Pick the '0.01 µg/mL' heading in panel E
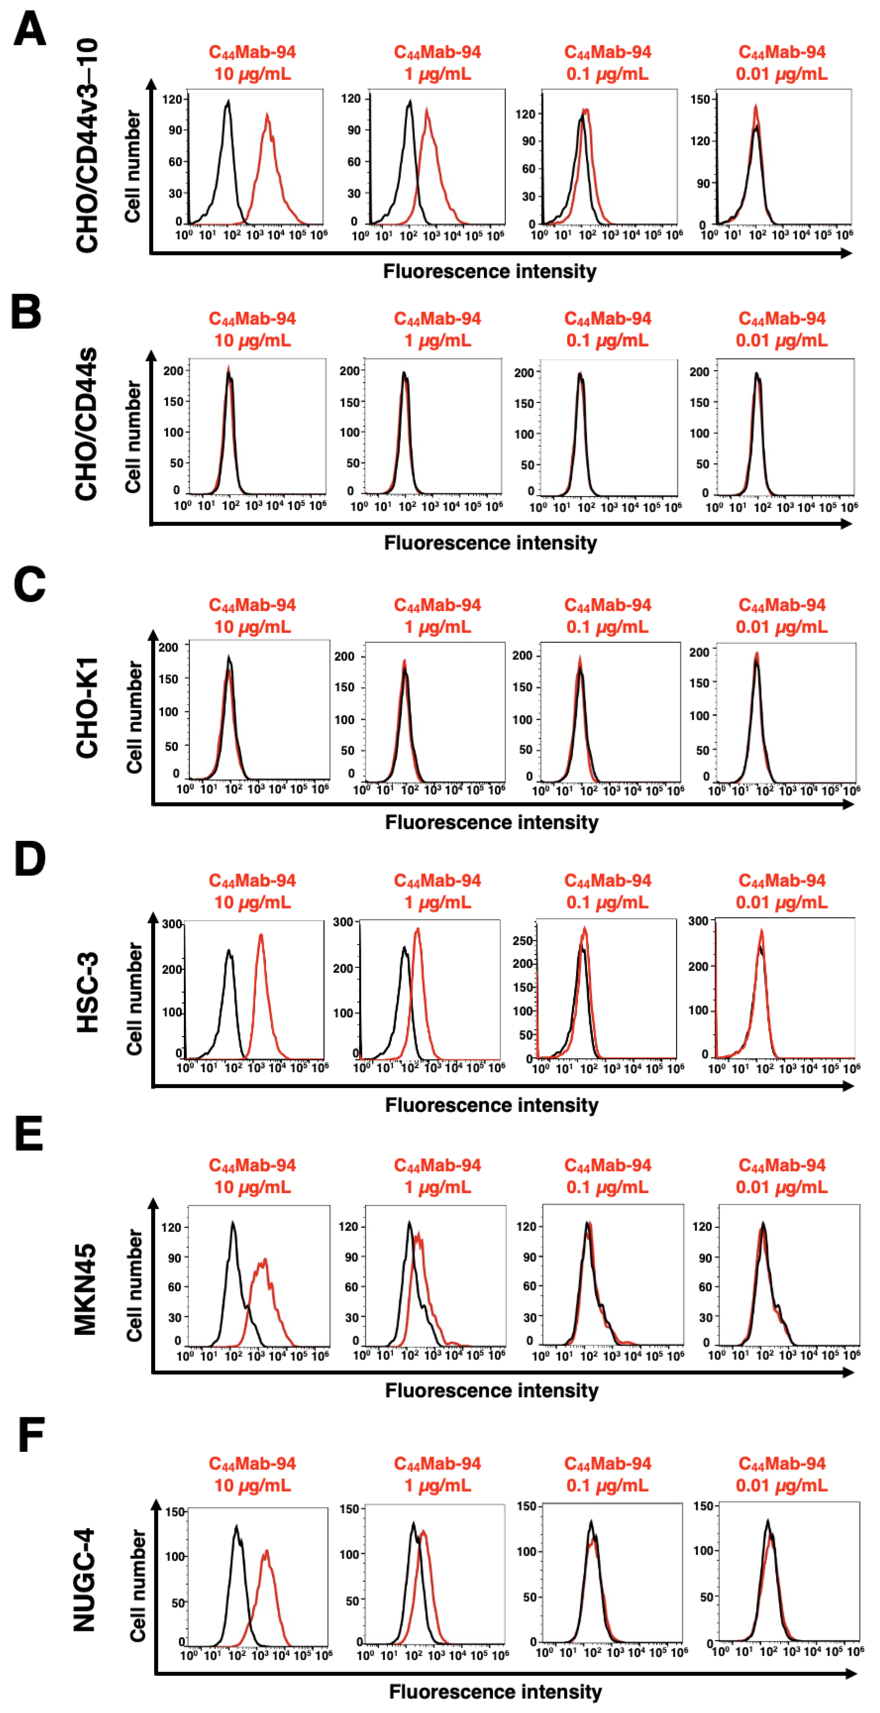(782, 1187)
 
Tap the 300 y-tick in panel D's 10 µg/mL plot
(172, 924)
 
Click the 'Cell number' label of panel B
(134, 437)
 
